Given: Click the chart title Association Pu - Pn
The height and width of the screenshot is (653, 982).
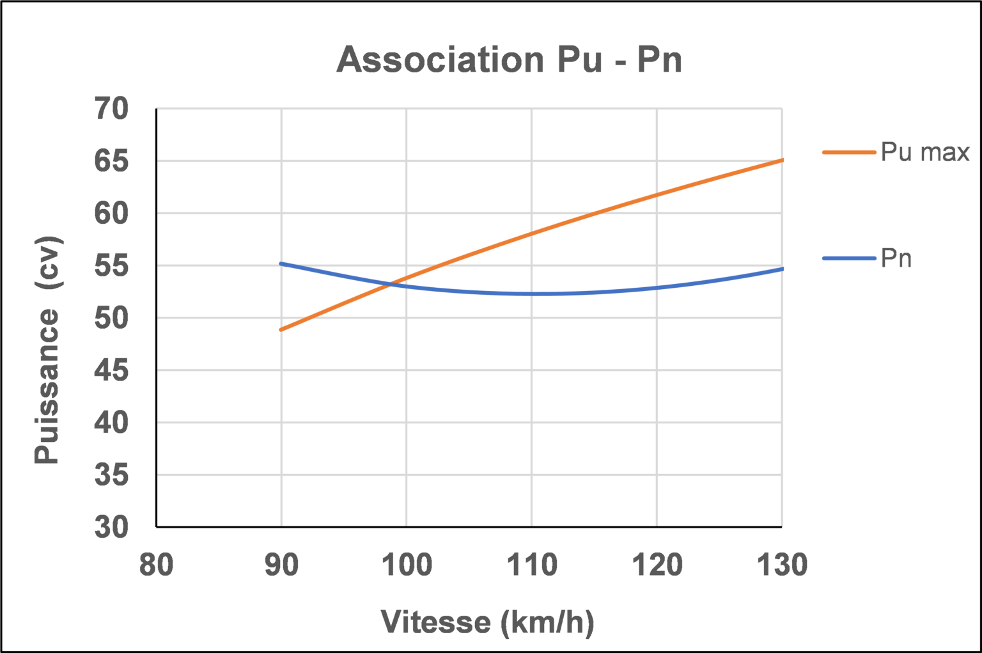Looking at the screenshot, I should click(x=510, y=59).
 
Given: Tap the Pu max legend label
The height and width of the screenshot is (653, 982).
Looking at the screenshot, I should click(x=924, y=152).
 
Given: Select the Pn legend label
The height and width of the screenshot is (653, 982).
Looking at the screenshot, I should click(x=896, y=258).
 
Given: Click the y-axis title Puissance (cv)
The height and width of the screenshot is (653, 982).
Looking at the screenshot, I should click(x=47, y=350).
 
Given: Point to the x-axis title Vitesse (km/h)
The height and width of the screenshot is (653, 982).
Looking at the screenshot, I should click(x=487, y=622).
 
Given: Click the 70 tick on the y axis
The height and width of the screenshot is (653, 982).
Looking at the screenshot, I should click(x=111, y=109).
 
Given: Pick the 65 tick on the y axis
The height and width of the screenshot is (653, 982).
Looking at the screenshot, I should click(x=111, y=161).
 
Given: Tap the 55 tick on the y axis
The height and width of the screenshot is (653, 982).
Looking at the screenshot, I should click(x=111, y=265).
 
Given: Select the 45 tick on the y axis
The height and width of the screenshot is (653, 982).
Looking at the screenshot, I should click(x=111, y=370).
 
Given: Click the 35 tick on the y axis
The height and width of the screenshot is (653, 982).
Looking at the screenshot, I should click(x=111, y=475).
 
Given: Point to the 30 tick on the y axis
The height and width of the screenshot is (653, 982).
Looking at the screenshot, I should click(x=111, y=527).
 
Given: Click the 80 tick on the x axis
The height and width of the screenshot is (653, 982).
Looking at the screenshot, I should click(x=156, y=565).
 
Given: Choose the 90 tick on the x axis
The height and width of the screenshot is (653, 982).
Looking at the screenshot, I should click(x=281, y=565).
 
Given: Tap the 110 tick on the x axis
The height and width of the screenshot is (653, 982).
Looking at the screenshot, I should click(x=532, y=565).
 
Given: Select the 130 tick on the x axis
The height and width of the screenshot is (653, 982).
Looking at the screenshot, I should click(x=782, y=565).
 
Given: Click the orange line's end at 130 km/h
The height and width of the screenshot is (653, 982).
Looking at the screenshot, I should click(x=782, y=160).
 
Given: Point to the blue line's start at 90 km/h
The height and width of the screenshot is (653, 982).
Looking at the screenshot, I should click(x=281, y=264).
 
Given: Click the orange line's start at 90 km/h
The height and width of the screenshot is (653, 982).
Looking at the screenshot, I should click(x=281, y=329).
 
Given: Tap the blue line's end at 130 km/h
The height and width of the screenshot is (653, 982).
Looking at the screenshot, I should click(x=782, y=269).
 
